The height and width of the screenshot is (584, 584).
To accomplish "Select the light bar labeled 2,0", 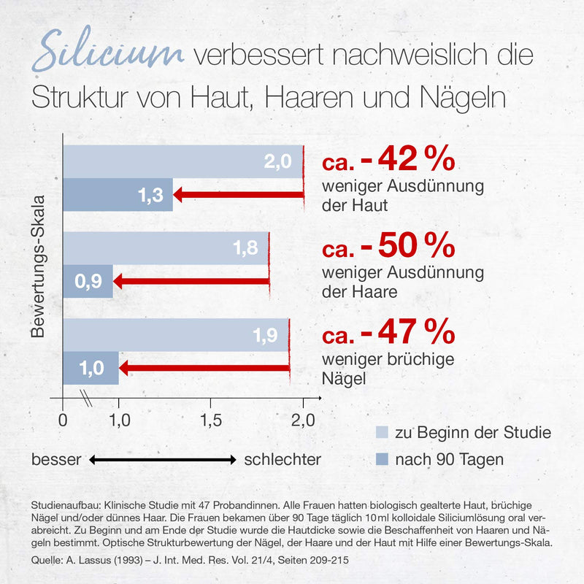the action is click(183, 161).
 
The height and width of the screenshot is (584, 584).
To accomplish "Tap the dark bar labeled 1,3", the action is click(118, 195).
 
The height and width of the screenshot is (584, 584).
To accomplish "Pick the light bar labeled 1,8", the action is click(166, 248).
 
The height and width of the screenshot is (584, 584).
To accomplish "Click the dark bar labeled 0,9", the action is click(88, 281).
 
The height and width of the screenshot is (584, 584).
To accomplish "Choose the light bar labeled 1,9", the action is click(176, 335).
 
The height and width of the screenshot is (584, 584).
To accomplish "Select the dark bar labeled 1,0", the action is click(91, 368).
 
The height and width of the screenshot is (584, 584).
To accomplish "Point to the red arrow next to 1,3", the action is click(239, 195).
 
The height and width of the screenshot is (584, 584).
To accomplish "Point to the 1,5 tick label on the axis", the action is click(211, 420).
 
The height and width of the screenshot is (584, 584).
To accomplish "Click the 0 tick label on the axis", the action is click(63, 420).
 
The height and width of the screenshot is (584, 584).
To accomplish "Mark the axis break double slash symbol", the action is click(86, 398).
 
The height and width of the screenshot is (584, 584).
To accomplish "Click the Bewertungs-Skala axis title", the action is click(38, 266).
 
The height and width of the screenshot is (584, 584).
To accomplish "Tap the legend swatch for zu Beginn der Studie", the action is click(382, 432).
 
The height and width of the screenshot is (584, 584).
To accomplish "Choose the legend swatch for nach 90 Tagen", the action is click(382, 459).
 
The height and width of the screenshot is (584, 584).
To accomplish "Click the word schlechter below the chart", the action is click(283, 460).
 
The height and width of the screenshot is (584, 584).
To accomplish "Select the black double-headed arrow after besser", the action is click(163, 460).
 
